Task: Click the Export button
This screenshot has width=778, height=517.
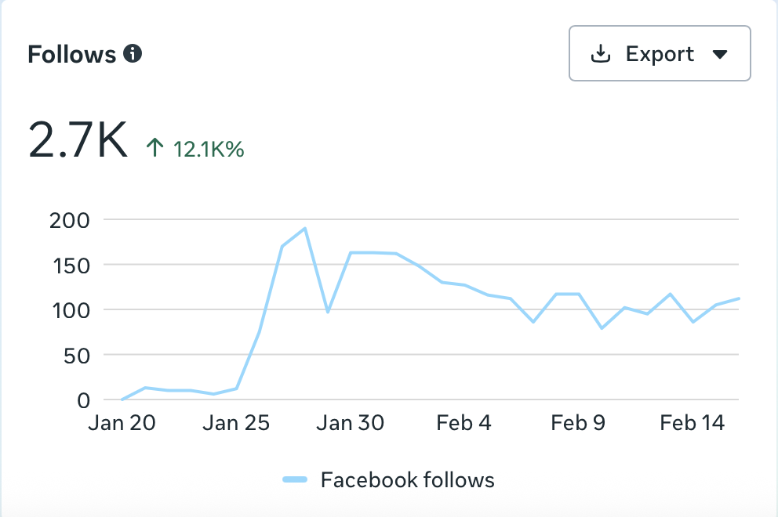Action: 660,54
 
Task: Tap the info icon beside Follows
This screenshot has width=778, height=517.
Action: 133,54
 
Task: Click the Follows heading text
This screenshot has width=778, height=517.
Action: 71,55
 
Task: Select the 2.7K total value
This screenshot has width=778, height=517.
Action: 78,140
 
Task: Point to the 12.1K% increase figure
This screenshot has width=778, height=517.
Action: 209,149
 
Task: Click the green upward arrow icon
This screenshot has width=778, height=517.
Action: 155,148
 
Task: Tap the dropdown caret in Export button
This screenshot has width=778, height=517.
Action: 720,55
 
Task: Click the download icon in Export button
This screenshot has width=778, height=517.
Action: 600,54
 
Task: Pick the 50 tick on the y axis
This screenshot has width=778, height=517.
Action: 76,355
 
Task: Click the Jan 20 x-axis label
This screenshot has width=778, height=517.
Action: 122,424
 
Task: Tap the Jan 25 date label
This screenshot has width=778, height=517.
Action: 236,424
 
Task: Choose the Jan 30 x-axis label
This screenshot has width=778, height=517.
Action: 351,424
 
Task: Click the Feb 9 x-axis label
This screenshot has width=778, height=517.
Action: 578,424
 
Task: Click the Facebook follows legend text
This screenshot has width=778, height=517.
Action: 407,479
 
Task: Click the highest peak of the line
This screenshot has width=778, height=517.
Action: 304,229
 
